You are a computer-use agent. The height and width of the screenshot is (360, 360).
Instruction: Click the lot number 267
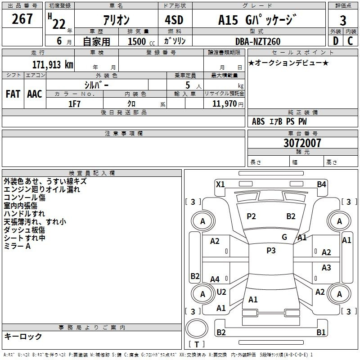click(x=22, y=18)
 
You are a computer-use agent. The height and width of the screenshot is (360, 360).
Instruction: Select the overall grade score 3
click(x=343, y=20)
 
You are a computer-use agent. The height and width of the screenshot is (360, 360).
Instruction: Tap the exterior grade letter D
click(x=335, y=41)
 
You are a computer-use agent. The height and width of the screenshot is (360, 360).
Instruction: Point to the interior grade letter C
click(x=350, y=41)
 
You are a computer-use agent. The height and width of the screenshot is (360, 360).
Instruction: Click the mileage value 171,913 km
click(x=53, y=65)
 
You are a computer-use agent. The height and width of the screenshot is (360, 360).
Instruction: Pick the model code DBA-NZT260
click(x=258, y=41)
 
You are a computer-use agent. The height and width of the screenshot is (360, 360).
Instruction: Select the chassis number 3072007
click(x=302, y=143)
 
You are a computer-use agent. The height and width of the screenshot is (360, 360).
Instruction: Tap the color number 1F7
click(x=74, y=104)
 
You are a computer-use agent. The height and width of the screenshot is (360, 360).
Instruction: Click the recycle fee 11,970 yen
click(x=228, y=104)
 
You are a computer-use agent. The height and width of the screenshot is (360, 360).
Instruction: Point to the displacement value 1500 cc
click(x=141, y=41)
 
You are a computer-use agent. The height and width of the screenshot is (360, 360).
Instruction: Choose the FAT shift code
click(x=13, y=94)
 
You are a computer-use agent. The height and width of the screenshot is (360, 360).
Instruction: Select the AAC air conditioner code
click(x=35, y=94)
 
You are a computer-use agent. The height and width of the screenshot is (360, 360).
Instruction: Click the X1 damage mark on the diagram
click(x=220, y=184)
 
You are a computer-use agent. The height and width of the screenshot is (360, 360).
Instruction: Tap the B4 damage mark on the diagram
click(x=321, y=184)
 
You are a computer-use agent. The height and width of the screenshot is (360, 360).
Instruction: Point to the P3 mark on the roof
click(x=271, y=251)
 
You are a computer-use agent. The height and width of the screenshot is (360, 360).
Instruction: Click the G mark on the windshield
click(x=284, y=237)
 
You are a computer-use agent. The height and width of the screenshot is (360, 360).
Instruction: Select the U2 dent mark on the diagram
click(x=221, y=292)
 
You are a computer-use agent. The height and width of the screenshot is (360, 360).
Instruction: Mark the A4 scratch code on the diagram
click(x=215, y=279)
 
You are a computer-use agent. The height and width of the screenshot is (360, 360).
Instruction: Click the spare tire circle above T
click(x=197, y=328)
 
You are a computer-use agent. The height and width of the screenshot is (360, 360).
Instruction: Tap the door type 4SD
click(x=174, y=20)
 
